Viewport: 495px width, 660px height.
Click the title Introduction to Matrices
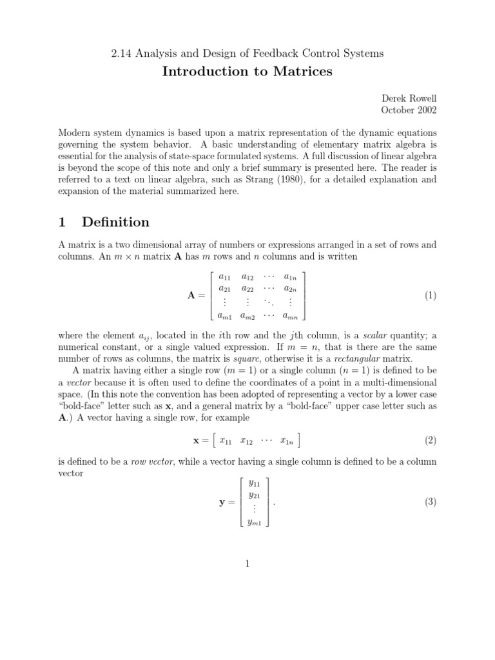(x=247, y=72)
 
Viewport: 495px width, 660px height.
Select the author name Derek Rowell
(x=409, y=98)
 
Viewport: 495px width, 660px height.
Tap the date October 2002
(x=409, y=110)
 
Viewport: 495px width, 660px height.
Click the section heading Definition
(x=115, y=222)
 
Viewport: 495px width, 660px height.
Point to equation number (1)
(x=431, y=296)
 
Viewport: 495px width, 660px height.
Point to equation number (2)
(x=431, y=441)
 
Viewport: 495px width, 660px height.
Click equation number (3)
(x=431, y=502)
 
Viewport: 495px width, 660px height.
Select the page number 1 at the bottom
(x=247, y=565)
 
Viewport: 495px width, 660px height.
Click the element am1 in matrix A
(x=225, y=316)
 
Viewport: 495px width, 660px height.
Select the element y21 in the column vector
(x=254, y=495)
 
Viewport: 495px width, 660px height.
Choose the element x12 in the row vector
(x=246, y=442)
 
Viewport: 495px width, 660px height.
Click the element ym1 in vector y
(x=254, y=523)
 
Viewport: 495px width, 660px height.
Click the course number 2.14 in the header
(x=122, y=53)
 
